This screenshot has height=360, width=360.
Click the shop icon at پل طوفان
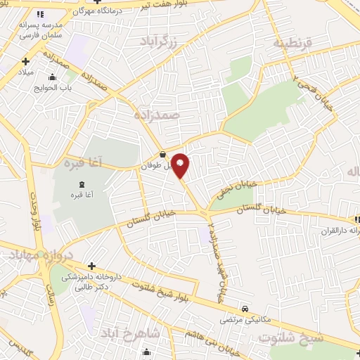click(163, 155)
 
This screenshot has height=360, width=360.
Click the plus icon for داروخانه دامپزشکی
click(92, 265)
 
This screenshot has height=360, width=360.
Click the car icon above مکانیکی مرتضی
click(244, 308)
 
